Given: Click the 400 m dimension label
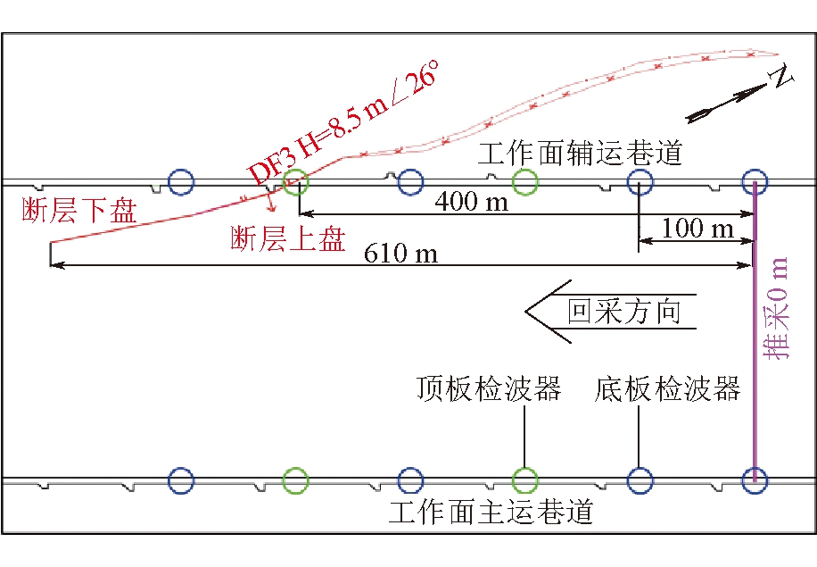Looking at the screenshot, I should point(471,202).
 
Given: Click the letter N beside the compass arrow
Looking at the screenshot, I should point(782,79).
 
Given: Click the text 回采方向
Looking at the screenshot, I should point(624,312).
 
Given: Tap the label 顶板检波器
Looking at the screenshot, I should point(489,389).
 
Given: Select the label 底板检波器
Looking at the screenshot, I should point(668,389).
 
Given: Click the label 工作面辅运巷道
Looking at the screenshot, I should point(580,154).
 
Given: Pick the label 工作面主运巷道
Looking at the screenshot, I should point(491,513).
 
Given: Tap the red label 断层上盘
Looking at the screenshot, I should point(287,239).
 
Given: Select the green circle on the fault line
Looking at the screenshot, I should point(295,183).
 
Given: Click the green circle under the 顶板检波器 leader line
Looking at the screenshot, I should point(524,480).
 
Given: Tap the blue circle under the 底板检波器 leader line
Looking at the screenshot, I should point(640,480).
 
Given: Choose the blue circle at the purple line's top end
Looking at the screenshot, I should point(755,182).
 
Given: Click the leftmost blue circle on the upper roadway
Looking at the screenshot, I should point(181,183).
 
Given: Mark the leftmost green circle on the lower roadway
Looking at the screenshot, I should point(295,480).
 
